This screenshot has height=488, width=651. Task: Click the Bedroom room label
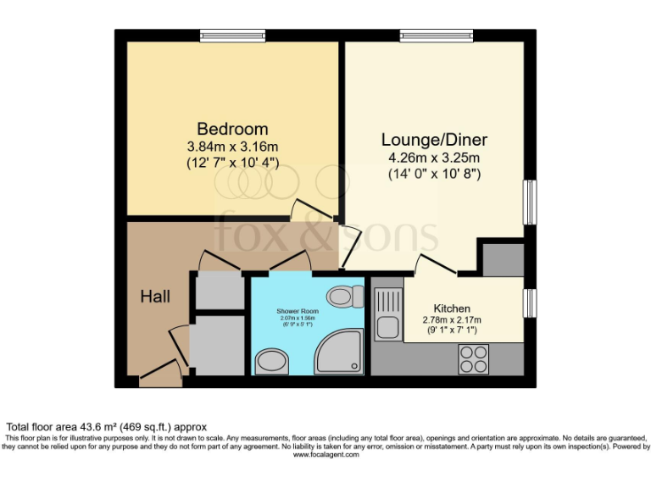(x=232, y=129)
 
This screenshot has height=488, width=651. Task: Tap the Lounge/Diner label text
(x=434, y=140)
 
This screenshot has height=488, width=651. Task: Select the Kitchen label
(x=452, y=308)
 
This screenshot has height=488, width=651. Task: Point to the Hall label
(x=155, y=297)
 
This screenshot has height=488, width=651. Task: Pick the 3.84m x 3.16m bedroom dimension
(x=232, y=146)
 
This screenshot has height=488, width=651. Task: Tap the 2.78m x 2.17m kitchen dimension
(x=452, y=319)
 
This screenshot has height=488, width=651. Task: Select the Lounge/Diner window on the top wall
(x=437, y=35)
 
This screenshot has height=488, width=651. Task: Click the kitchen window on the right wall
(x=530, y=301)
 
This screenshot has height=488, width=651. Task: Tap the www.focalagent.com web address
(x=325, y=455)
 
